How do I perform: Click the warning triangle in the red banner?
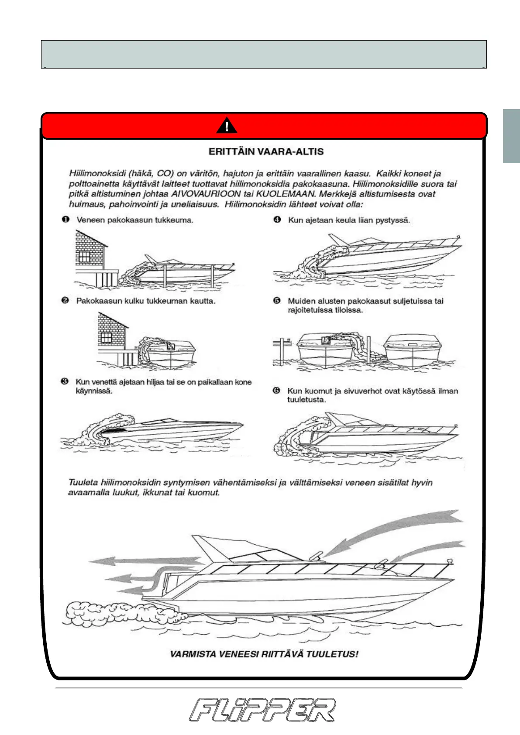[227, 126]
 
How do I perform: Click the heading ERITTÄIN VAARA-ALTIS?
[266, 152]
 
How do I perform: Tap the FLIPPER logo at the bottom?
[262, 710]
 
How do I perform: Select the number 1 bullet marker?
[65, 219]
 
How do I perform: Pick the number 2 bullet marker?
[65, 300]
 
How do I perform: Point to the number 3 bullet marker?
[65, 381]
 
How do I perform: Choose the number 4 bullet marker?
[277, 219]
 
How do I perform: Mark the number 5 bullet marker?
[277, 300]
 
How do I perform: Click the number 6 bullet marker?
[276, 390]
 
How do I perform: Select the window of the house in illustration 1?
[84, 257]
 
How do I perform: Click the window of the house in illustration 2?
[106, 337]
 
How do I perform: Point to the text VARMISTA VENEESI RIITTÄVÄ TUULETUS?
[264, 654]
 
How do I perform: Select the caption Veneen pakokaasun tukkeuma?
[134, 220]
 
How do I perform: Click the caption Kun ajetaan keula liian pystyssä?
[349, 220]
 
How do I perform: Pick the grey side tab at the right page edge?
[511, 136]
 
